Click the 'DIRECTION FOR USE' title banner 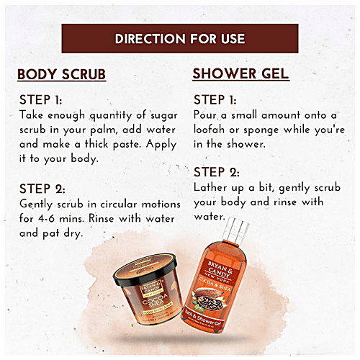click(180, 38)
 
